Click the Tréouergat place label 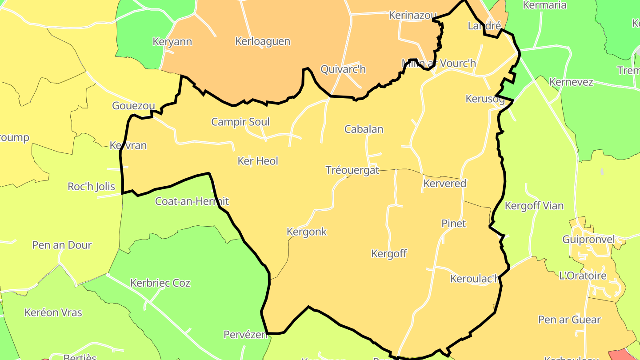[352, 170]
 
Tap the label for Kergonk [307, 232]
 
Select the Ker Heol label [258, 161]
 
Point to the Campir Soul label [240, 122]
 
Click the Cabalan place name [364, 129]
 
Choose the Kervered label [445, 184]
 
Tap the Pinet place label [454, 224]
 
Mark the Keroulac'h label [475, 279]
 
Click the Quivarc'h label [343, 69]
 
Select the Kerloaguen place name [263, 42]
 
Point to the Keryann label [172, 42]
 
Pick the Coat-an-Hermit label [192, 201]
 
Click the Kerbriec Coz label [160, 283]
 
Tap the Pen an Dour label [62, 245]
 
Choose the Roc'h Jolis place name [91, 187]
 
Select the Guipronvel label [588, 240]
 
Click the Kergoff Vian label [534, 206]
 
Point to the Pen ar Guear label [569, 320]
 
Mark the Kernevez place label [571, 82]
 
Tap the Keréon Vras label [53, 312]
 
